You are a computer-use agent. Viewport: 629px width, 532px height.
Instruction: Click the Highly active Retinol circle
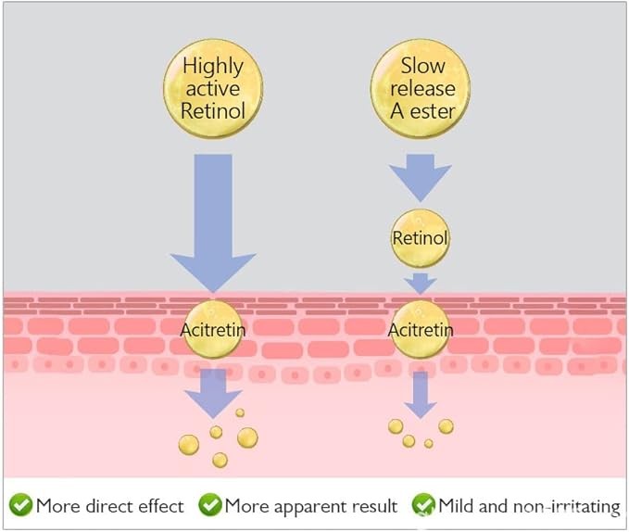click(212, 89)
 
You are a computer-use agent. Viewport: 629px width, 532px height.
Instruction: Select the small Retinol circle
click(420, 238)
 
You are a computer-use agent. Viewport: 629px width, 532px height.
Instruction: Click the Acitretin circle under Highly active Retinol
click(213, 329)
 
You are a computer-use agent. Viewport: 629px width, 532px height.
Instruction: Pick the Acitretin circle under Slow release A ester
click(420, 329)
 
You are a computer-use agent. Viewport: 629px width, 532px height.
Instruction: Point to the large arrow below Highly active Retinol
click(213, 222)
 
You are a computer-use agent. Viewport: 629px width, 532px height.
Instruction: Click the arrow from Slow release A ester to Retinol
click(420, 176)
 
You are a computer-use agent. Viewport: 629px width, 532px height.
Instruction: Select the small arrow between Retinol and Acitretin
click(420, 282)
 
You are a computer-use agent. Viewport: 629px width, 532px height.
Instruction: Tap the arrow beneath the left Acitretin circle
click(213, 393)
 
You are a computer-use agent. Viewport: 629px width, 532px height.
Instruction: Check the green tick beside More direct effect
click(20, 505)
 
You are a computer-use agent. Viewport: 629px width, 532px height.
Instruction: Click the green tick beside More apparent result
click(210, 505)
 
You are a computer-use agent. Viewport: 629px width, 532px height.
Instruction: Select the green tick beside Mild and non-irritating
click(423, 505)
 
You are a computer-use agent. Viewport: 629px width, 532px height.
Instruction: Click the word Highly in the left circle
click(212, 66)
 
